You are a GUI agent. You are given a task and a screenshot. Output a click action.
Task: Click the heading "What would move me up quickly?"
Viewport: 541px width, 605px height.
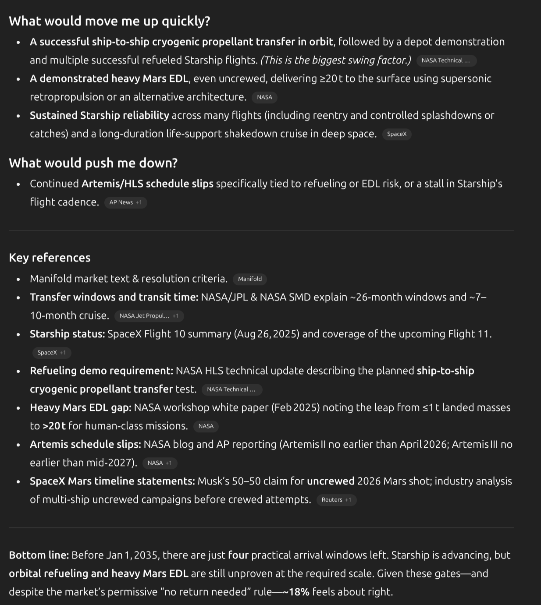[110, 21]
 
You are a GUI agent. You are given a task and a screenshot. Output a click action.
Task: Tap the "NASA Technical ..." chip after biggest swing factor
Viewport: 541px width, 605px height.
[445, 60]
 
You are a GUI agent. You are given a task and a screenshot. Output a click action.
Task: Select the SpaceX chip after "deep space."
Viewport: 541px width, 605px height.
[397, 134]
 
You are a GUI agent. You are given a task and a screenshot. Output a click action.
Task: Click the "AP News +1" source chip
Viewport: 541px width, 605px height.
[125, 202]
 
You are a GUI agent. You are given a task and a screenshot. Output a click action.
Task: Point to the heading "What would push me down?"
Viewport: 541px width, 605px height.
[93, 163]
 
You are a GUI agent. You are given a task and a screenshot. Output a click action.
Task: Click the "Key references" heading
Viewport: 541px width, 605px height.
[50, 258]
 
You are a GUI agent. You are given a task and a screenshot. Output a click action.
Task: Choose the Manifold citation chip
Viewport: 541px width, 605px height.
[249, 279]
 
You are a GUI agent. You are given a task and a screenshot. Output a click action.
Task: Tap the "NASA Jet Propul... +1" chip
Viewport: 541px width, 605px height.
[149, 316]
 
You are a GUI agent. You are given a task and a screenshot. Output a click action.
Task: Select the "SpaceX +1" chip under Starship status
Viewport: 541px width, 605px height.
[51, 353]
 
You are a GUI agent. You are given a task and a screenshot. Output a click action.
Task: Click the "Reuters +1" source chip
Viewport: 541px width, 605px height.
[336, 500]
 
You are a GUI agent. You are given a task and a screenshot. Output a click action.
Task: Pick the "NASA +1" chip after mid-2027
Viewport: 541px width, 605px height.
[160, 463]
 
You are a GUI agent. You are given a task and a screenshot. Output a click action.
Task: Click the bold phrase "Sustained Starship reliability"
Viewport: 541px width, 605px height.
[100, 115]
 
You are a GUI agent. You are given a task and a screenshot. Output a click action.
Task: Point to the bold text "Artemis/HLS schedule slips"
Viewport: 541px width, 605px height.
[147, 184]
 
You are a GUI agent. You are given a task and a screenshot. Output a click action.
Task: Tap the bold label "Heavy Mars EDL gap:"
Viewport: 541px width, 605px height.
[81, 407]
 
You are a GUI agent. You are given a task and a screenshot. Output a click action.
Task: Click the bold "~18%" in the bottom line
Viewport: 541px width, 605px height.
[296, 592]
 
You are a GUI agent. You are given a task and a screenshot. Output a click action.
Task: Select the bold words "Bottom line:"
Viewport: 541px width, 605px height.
[39, 555]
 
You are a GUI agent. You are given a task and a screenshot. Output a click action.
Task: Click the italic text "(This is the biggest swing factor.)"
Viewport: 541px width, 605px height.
[336, 60]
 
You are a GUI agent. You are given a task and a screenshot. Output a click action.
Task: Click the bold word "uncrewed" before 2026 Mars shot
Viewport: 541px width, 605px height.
[331, 481]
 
